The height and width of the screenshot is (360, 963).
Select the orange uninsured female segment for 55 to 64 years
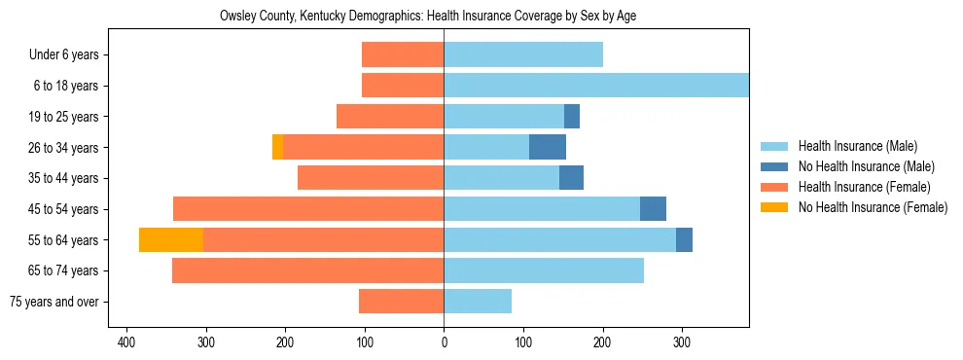coord(171,239)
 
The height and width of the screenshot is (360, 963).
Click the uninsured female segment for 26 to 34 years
coord(277,147)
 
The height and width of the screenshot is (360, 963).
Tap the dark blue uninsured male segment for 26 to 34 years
coord(548,147)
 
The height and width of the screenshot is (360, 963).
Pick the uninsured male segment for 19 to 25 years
coord(572,116)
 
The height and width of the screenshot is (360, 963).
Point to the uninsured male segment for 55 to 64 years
coord(684,239)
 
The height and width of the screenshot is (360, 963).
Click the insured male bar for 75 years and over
coord(478,302)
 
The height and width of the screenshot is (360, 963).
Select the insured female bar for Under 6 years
coord(403,54)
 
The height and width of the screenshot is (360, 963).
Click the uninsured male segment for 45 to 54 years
coord(653,208)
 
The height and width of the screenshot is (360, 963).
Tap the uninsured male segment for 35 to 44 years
coord(571,178)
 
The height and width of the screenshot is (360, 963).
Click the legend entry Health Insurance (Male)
coord(857,146)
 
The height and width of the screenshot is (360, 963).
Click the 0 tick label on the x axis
coord(445,342)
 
